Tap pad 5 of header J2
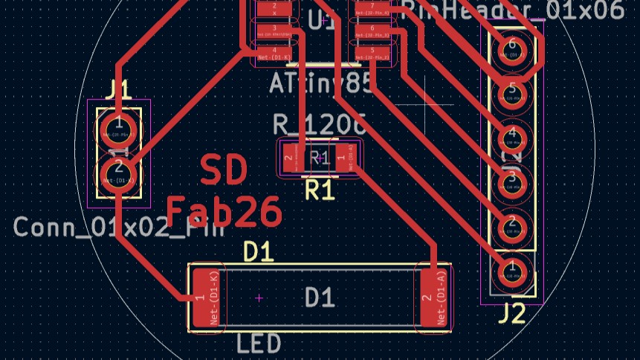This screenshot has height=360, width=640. tap(512, 92)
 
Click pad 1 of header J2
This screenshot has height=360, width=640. tap(512, 269)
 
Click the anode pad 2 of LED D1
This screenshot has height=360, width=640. tap(435, 298)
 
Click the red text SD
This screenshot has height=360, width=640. tap(224, 171)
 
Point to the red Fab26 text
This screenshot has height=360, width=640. tap(224, 212)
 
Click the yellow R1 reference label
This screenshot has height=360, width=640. tap(320, 190)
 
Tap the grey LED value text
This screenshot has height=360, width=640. tap(259, 344)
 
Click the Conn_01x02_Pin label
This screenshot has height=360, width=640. tap(119, 227)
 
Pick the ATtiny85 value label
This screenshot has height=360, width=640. tap(321, 83)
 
